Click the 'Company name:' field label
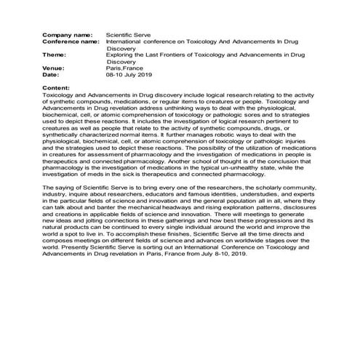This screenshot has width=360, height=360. coord(68,34)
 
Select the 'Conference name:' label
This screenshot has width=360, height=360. coord(72,41)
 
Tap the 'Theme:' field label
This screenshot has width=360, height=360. coord(54,55)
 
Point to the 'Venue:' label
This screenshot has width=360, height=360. coord(54,68)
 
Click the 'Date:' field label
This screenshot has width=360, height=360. coord(51,75)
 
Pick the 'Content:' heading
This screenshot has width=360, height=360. coord(57,87)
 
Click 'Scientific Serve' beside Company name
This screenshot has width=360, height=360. coord(129,34)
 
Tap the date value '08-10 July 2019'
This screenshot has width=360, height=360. coord(129,75)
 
